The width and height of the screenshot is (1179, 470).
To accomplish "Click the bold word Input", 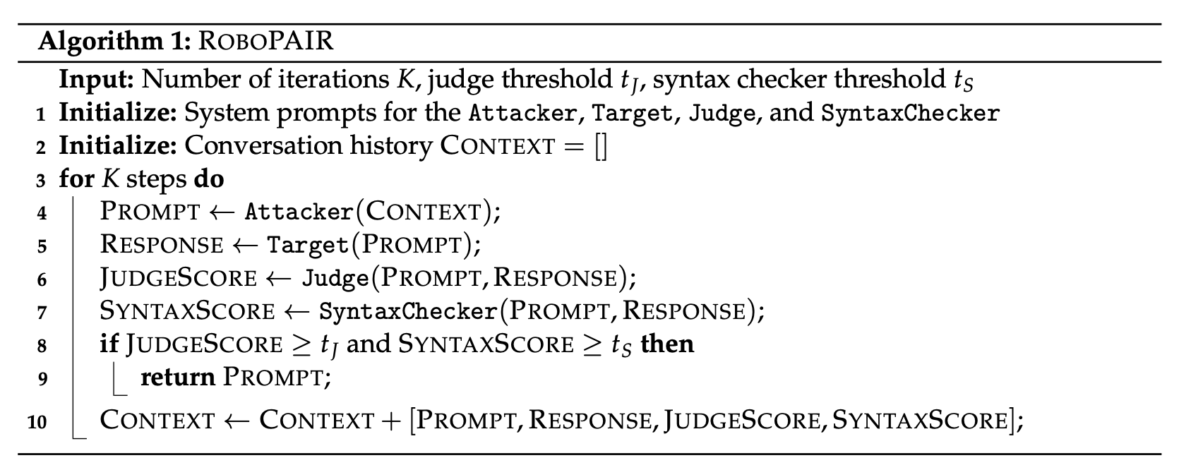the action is coord(96,79).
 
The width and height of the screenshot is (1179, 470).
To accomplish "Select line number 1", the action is coord(42,114).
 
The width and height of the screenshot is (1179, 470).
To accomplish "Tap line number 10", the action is coord(37,422).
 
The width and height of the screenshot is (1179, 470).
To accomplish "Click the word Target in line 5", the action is coord(308,245).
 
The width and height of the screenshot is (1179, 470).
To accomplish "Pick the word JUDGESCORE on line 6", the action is coord(179,278).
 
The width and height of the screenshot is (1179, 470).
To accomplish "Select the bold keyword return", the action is coord(178,378).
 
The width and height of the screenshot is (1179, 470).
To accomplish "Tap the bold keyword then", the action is coord(667,344).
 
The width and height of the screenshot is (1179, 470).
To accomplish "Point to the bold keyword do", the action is coord(208,179).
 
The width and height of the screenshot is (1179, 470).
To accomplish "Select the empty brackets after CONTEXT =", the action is coord(601,147).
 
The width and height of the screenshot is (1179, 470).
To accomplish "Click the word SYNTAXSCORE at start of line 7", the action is coord(188,311).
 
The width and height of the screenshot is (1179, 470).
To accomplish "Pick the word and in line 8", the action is coord(369,344).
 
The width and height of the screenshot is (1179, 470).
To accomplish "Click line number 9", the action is coord(42,379).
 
